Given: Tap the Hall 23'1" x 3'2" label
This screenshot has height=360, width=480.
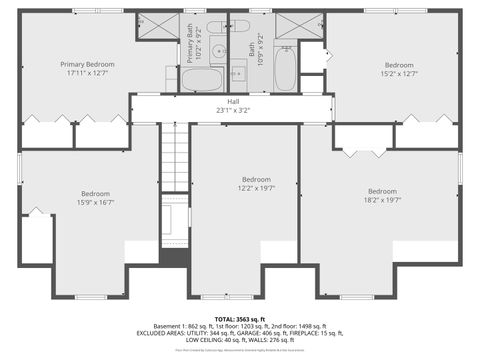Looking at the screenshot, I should [x=233, y=106].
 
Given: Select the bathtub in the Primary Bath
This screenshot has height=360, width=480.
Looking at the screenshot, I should [x=202, y=79].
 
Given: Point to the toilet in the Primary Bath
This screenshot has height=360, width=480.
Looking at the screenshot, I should [x=217, y=27].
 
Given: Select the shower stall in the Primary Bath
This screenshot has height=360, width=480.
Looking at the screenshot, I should [x=158, y=25].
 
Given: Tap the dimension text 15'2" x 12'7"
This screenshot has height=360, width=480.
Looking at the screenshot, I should [x=397, y=73].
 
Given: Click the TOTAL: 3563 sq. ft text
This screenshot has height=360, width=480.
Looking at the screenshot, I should [x=240, y=317].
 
